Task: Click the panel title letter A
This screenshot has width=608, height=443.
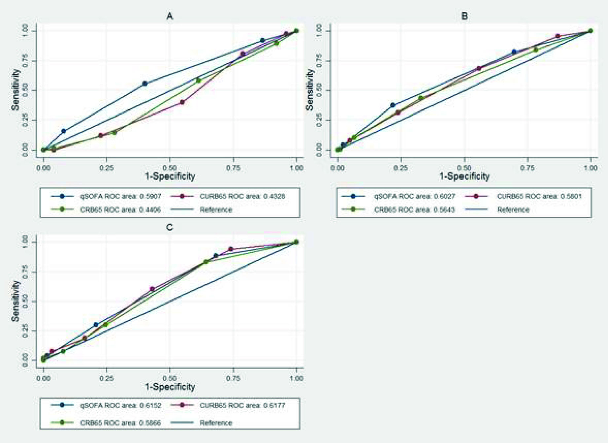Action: pyautogui.click(x=170, y=16)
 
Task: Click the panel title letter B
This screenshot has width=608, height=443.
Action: pyautogui.click(x=464, y=16)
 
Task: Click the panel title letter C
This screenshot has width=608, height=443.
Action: pyautogui.click(x=170, y=228)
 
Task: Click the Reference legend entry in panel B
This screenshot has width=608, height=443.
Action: pyautogui.click(x=513, y=209)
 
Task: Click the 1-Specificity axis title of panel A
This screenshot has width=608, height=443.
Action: pyautogui.click(x=170, y=176)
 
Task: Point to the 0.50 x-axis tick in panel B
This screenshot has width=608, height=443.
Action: pyautogui.click(x=464, y=168)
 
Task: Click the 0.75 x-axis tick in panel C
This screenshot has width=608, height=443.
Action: pyautogui.click(x=233, y=378)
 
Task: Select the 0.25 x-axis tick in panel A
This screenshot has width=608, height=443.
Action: pyautogui.click(x=107, y=168)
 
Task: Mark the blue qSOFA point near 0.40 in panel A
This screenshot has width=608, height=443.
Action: pyautogui.click(x=145, y=84)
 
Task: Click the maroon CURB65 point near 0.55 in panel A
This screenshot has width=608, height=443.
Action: pyautogui.click(x=182, y=102)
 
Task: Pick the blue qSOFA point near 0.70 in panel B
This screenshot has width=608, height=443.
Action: pyautogui.click(x=514, y=52)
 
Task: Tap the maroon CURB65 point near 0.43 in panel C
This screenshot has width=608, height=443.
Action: pyautogui.click(x=152, y=289)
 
